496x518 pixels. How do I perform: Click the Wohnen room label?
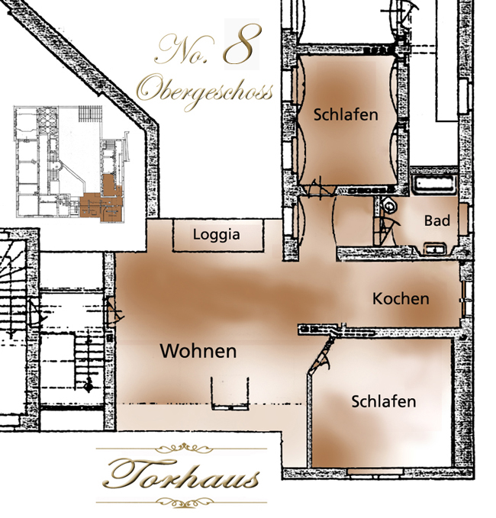pyautogui.click(x=198, y=351)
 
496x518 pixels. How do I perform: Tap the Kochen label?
pyautogui.click(x=401, y=298)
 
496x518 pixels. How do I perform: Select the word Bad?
pyautogui.click(x=436, y=220)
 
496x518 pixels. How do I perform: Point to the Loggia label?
pyautogui.click(x=217, y=234)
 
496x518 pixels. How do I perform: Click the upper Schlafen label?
pyautogui.click(x=346, y=114)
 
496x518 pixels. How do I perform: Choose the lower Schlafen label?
pyautogui.click(x=384, y=401)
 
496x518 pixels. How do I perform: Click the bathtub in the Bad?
pyautogui.click(x=434, y=184)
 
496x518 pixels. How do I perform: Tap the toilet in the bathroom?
pyautogui.click(x=389, y=205)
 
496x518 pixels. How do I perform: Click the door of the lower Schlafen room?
pyautogui.click(x=321, y=353)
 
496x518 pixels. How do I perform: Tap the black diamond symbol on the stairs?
pyautogui.click(x=89, y=385)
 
